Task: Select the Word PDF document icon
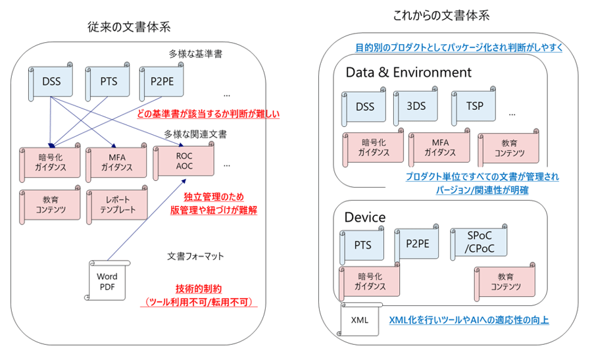pyautogui.click(x=107, y=281)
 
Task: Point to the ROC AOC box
pyautogui.click(x=184, y=162)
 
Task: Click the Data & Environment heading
pyautogui.click(x=408, y=72)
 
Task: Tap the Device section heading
pyautogui.click(x=365, y=217)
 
